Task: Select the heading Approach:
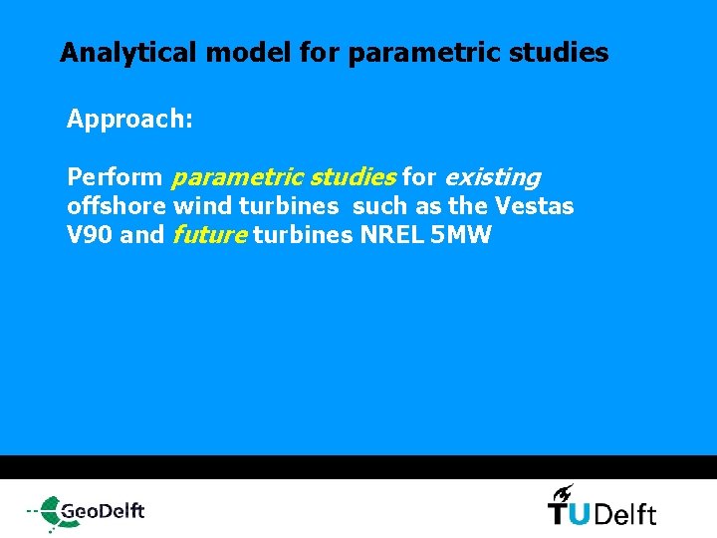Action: click(x=129, y=120)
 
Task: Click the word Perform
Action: click(x=115, y=177)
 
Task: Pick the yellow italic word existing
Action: click(x=492, y=178)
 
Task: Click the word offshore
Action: click(x=116, y=207)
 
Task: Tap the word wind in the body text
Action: click(x=200, y=207)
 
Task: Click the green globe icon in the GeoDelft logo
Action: click(x=46, y=512)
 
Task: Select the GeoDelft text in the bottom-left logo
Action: click(x=102, y=512)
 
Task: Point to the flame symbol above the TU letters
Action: click(x=563, y=491)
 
